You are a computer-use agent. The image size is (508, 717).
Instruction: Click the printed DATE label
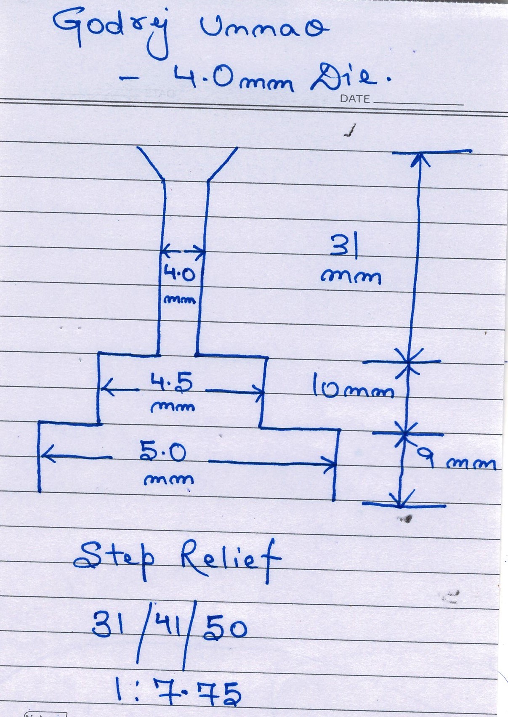(x=355, y=99)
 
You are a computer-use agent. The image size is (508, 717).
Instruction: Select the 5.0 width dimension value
(x=162, y=454)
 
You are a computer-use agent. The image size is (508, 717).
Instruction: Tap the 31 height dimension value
(x=344, y=246)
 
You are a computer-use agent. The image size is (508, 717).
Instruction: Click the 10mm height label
(x=353, y=388)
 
